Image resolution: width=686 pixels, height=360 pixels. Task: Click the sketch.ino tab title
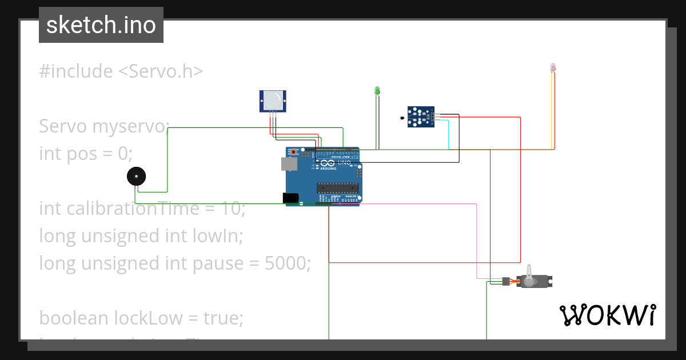pyautogui.click(x=101, y=25)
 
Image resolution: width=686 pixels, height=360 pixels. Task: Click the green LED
pyautogui.click(x=377, y=90)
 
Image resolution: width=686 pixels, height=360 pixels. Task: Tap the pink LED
pyautogui.click(x=553, y=67)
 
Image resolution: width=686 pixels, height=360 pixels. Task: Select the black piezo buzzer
pyautogui.click(x=135, y=177)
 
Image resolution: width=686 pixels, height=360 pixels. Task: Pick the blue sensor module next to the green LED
pyautogui.click(x=421, y=117)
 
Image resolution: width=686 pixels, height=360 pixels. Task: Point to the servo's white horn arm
pyautogui.click(x=531, y=273)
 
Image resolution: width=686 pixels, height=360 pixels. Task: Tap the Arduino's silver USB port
pyautogui.click(x=290, y=164)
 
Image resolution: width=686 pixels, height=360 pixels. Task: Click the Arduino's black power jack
pyautogui.click(x=290, y=198)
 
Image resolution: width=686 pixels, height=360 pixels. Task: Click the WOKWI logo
pyautogui.click(x=607, y=315)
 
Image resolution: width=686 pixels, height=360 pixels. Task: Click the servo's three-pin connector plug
pyautogui.click(x=506, y=281)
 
